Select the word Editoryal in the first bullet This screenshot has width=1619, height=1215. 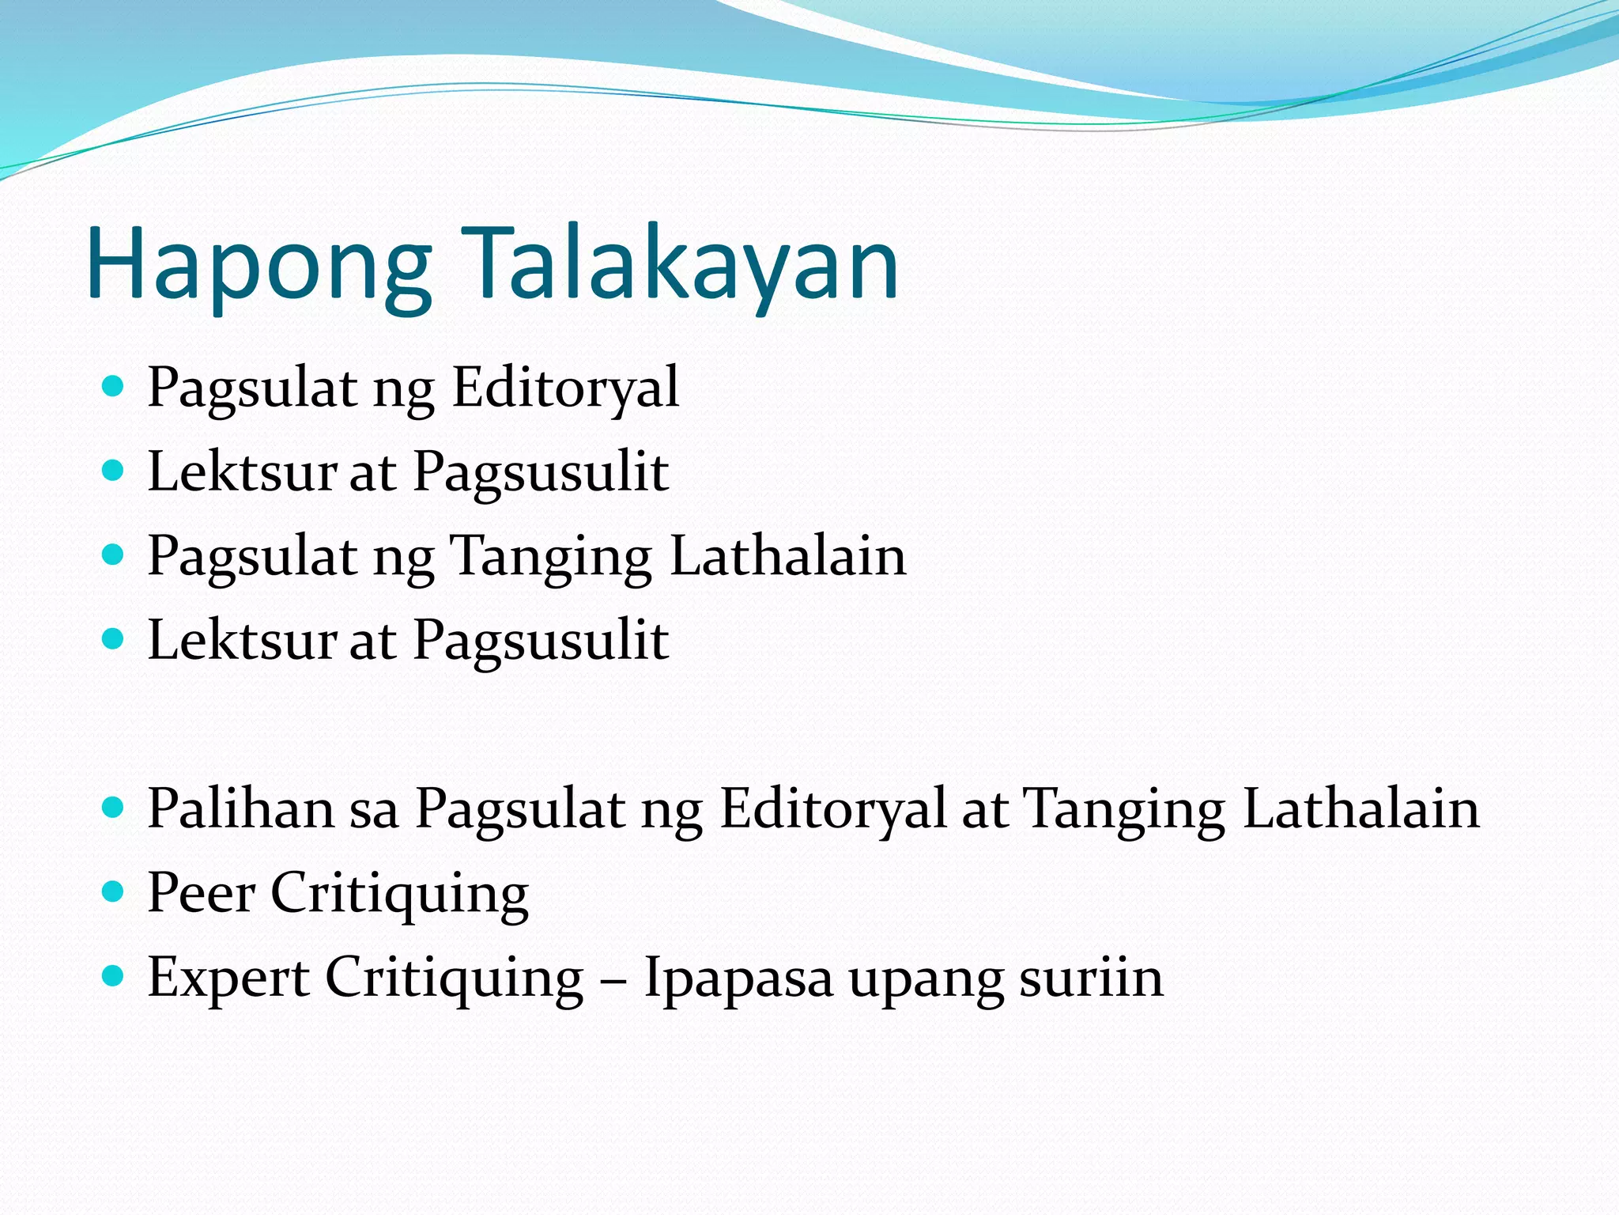pyautogui.click(x=565, y=388)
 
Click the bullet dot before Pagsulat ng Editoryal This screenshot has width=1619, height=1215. pyautogui.click(x=114, y=387)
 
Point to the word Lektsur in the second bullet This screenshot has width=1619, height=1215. pyautogui.click(x=242, y=472)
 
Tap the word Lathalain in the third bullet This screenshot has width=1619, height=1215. pyautogui.click(x=787, y=556)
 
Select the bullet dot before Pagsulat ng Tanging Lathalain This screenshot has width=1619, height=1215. pyautogui.click(x=114, y=555)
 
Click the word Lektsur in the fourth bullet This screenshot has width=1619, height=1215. pyautogui.click(x=242, y=641)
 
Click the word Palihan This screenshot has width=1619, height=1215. pyautogui.click(x=241, y=809)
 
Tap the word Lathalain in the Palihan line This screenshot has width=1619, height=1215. pyautogui.click(x=1360, y=809)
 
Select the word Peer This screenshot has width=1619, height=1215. pyautogui.click(x=202, y=894)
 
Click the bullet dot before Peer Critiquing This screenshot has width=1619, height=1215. pyautogui.click(x=114, y=892)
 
